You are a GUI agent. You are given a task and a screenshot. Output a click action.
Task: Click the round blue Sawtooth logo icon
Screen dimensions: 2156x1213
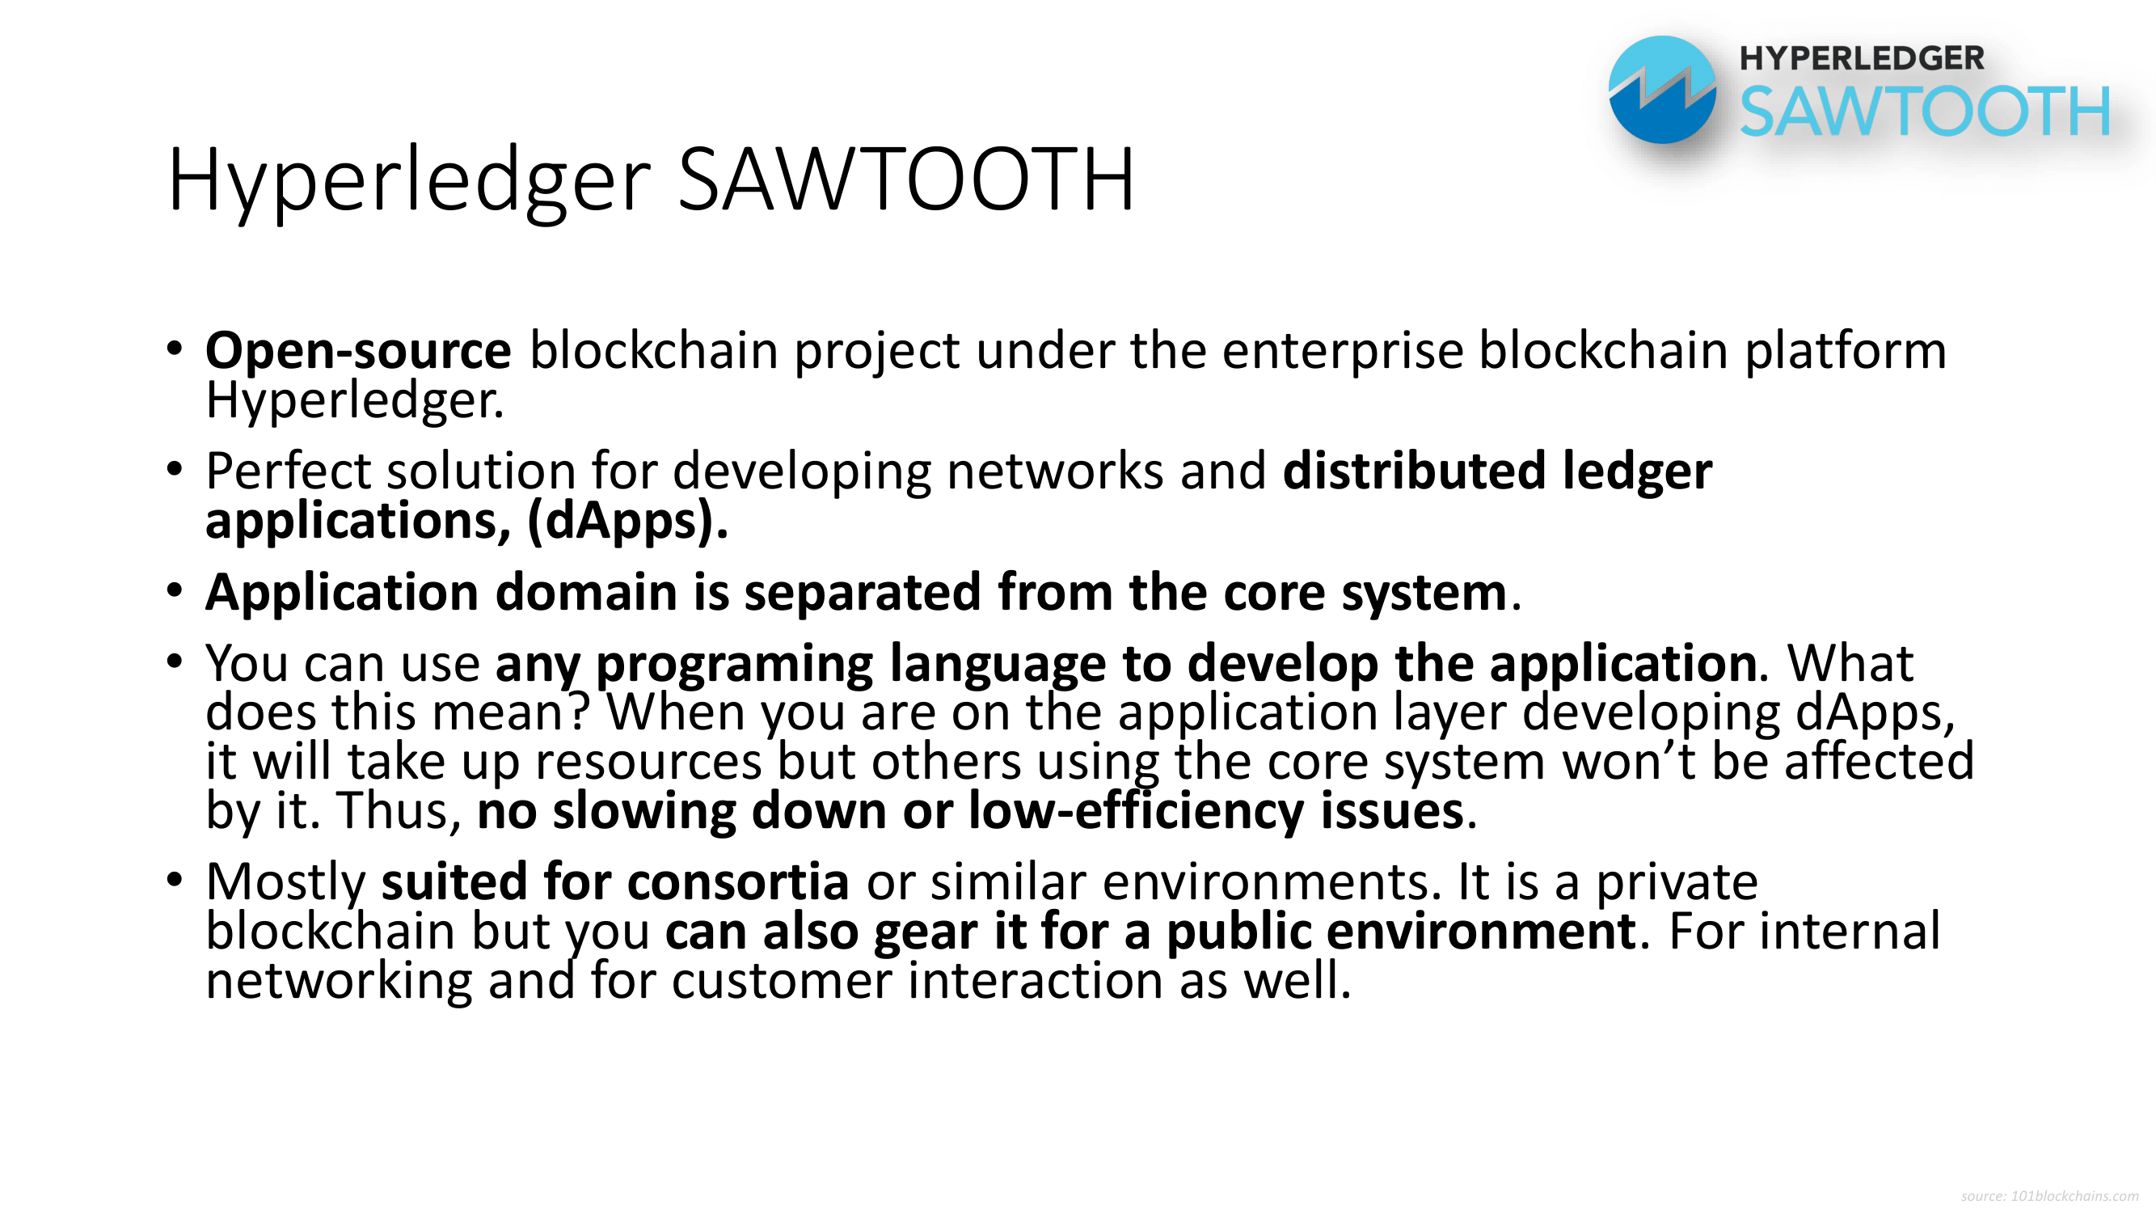click(1661, 90)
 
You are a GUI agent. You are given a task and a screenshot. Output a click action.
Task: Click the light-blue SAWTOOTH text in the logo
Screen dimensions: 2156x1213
click(1925, 112)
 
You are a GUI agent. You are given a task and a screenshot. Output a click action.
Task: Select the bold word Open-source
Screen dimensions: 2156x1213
click(358, 350)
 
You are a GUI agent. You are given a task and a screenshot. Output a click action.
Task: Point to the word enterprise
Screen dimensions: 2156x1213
click(1343, 352)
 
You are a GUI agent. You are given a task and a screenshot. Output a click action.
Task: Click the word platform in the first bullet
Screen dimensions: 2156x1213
click(1846, 352)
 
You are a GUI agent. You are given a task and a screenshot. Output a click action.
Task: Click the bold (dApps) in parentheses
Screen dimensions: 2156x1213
click(627, 521)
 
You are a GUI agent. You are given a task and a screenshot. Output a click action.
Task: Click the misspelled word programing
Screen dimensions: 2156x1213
click(734, 664)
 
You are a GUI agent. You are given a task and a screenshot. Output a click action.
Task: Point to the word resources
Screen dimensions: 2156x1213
click(648, 763)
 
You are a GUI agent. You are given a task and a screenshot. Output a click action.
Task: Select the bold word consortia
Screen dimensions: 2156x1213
click(738, 881)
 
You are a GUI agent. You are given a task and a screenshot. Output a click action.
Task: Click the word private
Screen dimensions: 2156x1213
click(1677, 882)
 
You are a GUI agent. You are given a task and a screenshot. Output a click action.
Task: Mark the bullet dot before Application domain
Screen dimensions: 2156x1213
click(174, 591)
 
